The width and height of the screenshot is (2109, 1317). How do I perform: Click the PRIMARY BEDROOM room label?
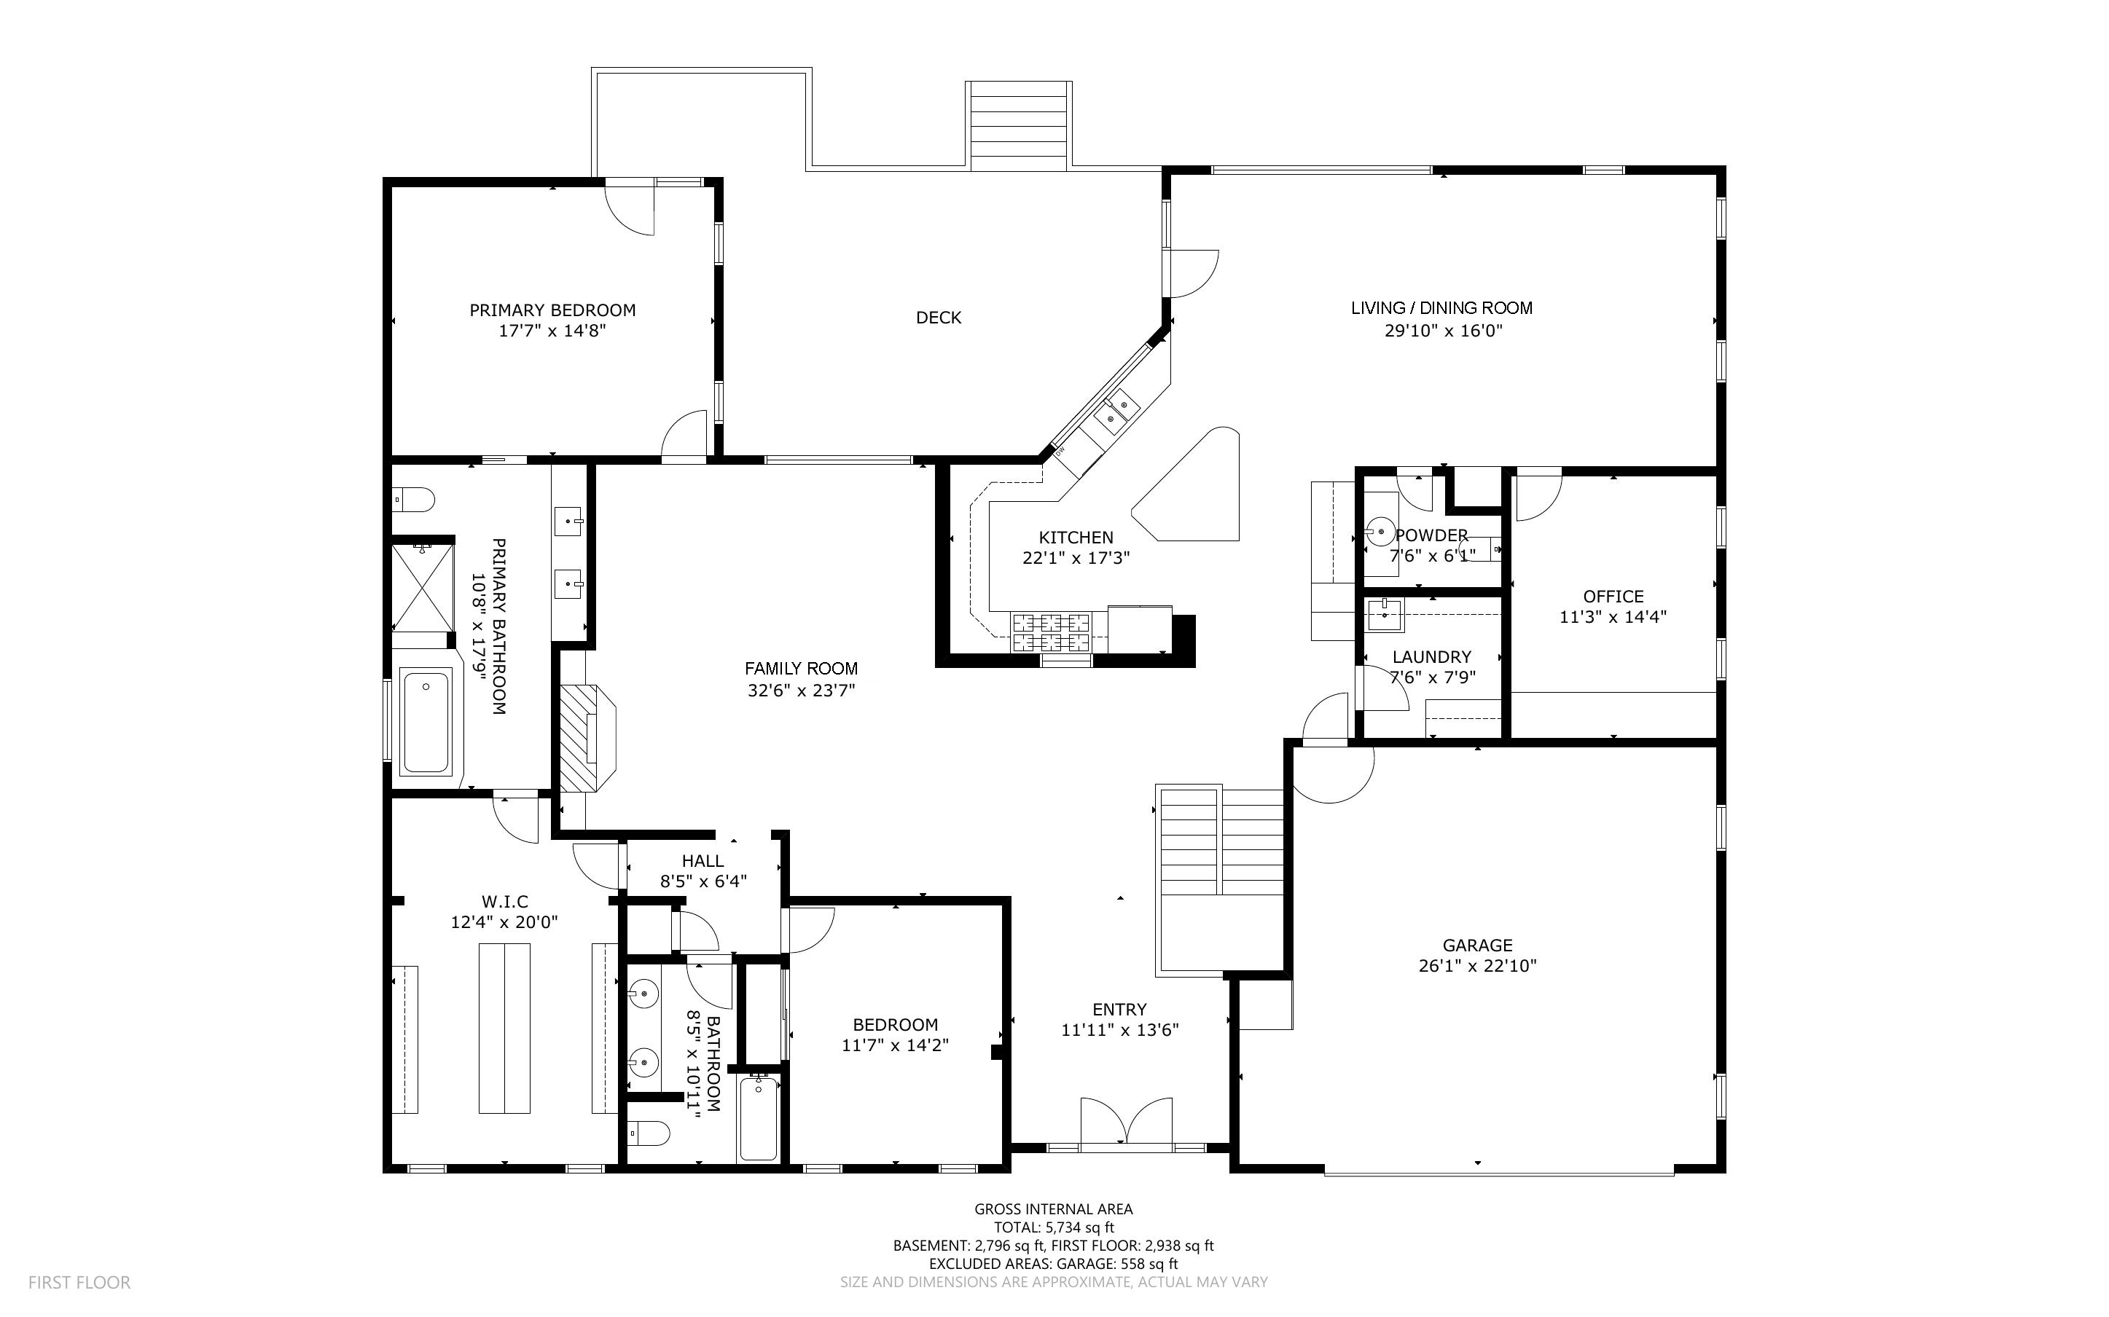coord(552,310)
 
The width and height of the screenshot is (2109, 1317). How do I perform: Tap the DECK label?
coord(938,318)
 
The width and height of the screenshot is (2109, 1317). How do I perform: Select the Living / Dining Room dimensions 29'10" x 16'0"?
coord(1444,331)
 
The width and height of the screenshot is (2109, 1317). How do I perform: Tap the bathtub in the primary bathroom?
coord(426,721)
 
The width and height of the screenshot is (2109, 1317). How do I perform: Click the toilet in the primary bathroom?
coord(415,501)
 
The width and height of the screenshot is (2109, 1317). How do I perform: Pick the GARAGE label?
coord(1477,945)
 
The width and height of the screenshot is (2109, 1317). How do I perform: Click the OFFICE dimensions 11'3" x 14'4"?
coord(1613,618)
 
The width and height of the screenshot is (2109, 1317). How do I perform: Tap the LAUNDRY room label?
coord(1431,657)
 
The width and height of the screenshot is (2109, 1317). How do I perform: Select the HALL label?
coord(703,860)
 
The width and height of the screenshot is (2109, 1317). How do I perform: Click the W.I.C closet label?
coord(504,902)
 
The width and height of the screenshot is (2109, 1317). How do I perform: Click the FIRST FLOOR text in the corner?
coord(79,1282)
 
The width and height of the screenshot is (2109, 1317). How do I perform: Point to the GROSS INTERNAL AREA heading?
coord(1053,1209)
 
